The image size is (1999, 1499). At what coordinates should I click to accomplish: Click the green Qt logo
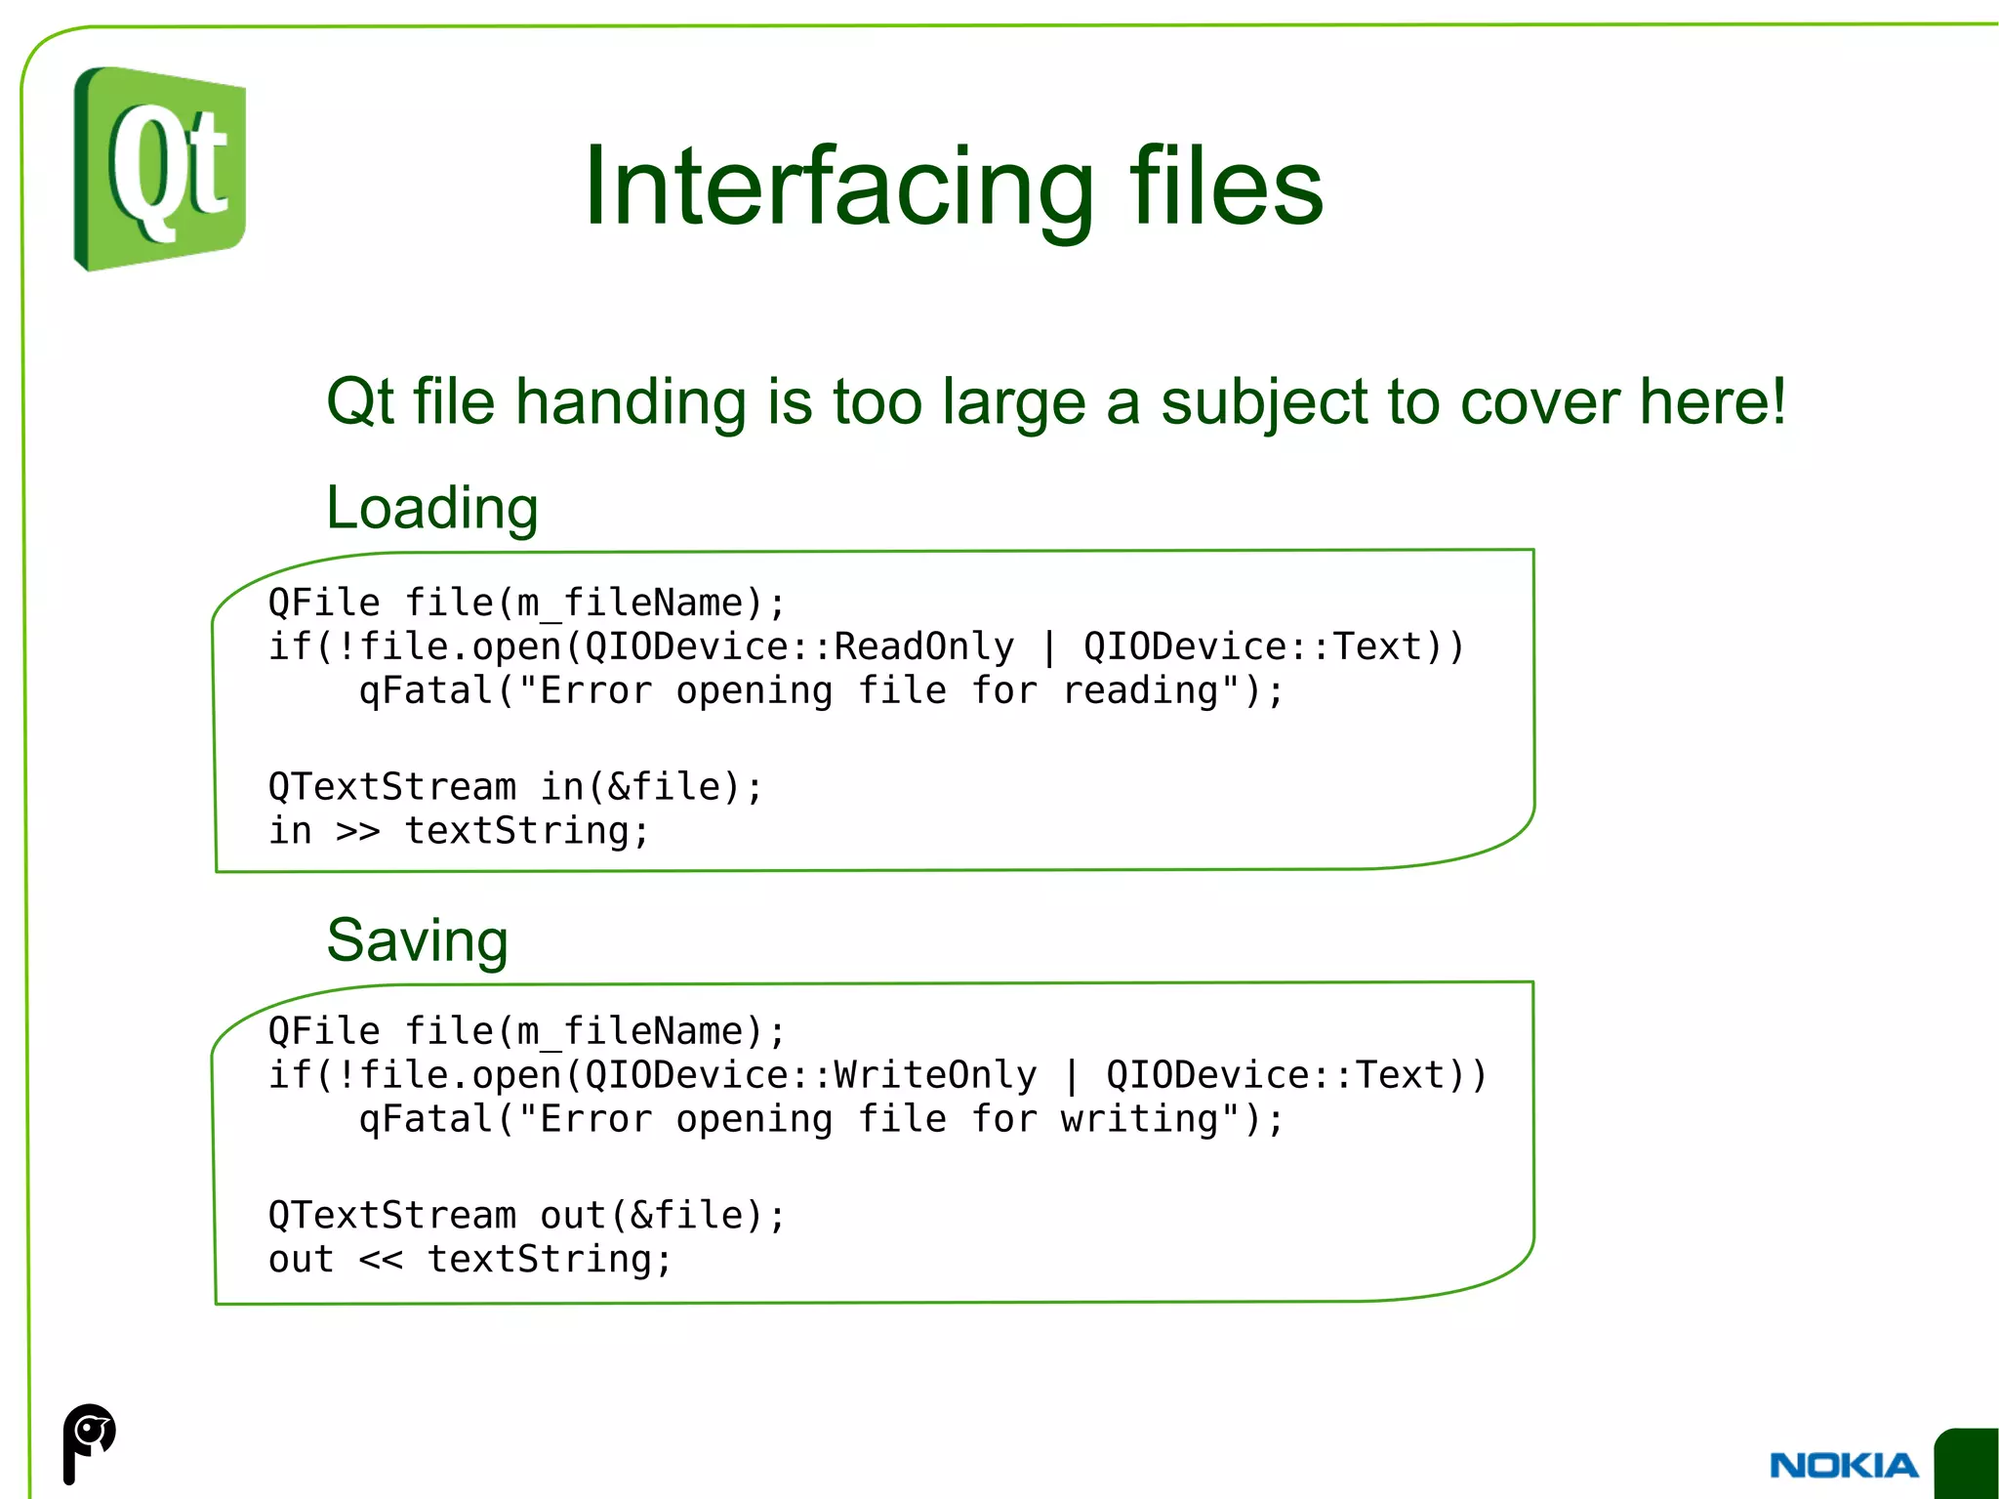tap(159, 169)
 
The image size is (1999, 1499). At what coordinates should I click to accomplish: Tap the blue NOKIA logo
tap(1843, 1465)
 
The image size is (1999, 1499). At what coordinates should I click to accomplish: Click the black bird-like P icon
tap(88, 1441)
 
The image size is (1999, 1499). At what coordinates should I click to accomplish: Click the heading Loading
tap(431, 508)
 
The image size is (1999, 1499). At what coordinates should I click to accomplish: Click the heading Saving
tap(417, 940)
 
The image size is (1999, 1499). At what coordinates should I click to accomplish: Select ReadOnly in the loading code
tap(923, 646)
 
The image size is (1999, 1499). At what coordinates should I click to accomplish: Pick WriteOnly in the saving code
tap(934, 1075)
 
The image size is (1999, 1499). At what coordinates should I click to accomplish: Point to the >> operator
tap(357, 831)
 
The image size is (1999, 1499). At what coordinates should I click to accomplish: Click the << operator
tap(380, 1260)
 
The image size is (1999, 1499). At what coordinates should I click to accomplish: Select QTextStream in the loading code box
tap(391, 787)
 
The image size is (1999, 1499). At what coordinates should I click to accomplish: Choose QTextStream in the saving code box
tap(391, 1216)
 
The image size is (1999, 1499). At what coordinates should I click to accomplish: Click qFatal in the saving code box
tap(427, 1119)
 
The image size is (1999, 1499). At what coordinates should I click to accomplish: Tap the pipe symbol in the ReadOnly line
tap(1048, 646)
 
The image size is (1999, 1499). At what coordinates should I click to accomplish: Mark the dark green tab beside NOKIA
tap(1967, 1463)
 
